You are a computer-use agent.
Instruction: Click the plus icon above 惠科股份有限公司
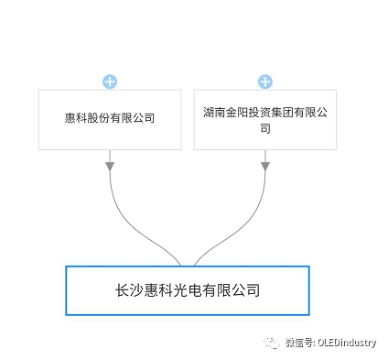pos(110,82)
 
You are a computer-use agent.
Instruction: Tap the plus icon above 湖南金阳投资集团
pos(265,82)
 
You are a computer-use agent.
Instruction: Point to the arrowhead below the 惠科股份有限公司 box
pos(110,166)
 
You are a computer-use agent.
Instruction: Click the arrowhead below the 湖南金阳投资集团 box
pos(265,166)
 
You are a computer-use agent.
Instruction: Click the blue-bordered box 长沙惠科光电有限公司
pos(188,290)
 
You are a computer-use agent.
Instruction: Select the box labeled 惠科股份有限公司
pos(110,120)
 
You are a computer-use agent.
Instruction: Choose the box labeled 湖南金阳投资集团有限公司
pos(265,120)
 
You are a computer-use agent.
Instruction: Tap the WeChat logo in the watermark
pos(272,342)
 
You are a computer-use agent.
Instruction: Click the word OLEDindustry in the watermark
pos(347,343)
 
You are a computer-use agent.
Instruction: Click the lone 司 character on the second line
pos(265,129)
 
